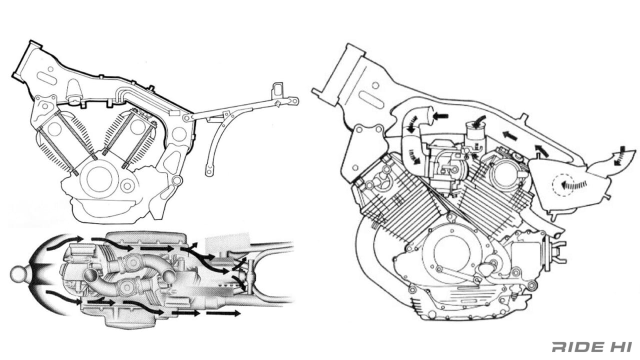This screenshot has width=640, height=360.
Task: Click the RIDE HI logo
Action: [591, 347]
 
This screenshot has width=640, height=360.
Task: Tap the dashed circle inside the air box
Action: [563, 185]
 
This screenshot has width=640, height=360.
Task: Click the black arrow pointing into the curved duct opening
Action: [440, 116]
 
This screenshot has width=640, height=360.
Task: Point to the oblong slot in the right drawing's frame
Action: [371, 99]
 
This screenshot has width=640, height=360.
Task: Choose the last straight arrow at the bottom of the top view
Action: [223, 313]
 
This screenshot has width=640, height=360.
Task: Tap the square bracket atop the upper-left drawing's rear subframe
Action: [277, 91]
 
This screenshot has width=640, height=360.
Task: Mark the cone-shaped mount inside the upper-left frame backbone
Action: [74, 90]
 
